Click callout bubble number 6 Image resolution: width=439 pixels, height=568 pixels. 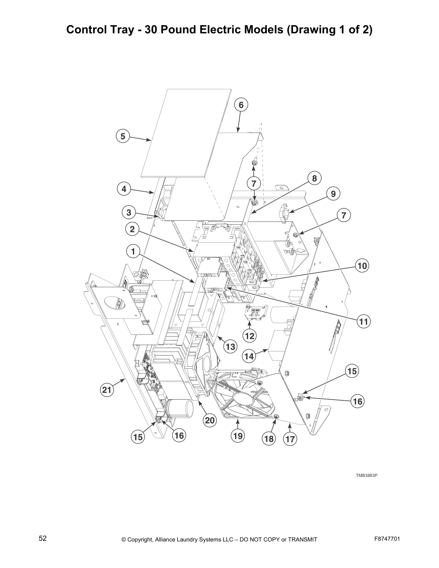click(x=241, y=105)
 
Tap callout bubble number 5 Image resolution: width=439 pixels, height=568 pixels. click(x=123, y=136)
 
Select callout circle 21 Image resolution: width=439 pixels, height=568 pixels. click(x=107, y=390)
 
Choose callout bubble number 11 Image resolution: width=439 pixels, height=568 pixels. click(x=364, y=322)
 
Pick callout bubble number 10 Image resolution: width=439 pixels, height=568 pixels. click(x=362, y=266)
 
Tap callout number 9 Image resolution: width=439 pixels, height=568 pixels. click(x=333, y=194)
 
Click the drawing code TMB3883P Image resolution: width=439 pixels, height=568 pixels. click(x=367, y=475)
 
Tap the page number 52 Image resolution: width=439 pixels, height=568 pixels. click(x=43, y=538)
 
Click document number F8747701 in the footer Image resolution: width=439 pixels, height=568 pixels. click(x=387, y=539)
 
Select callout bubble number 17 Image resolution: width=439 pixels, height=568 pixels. click(x=290, y=439)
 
